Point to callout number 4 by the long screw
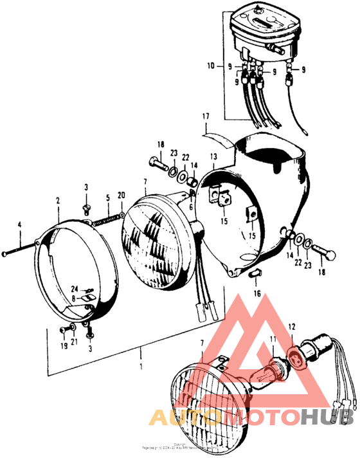[19, 224]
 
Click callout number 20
[122, 196]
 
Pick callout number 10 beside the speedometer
[211, 66]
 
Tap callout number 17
[206, 116]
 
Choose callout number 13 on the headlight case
[213, 156]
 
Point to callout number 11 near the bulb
[273, 340]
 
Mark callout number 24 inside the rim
[75, 288]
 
